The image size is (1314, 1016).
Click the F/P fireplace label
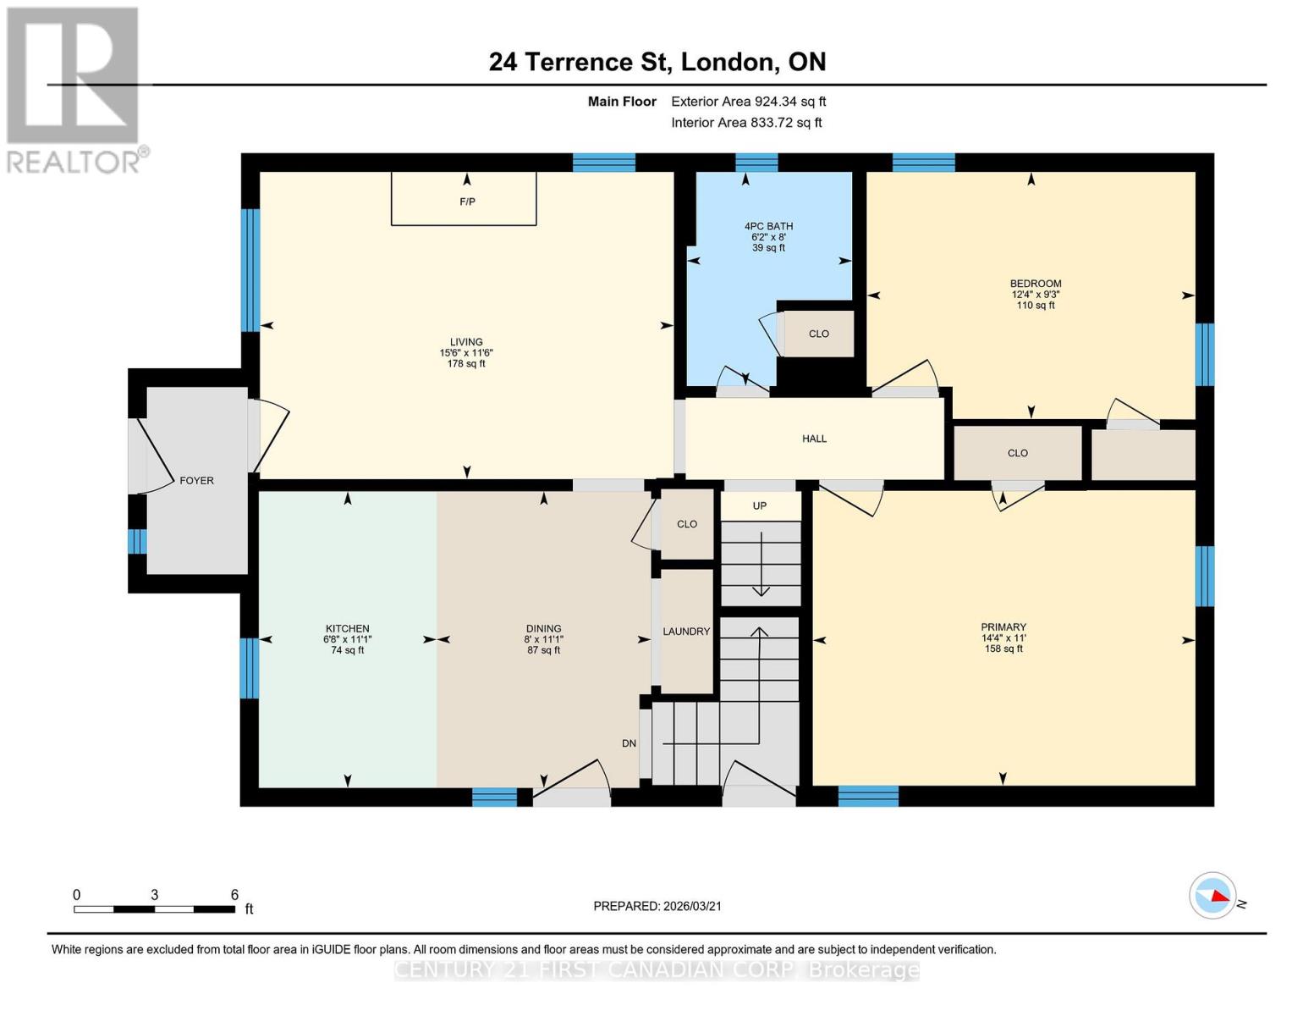click(467, 202)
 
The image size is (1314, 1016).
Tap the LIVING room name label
click(466, 342)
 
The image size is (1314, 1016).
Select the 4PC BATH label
click(768, 226)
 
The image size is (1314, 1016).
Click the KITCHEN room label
click(347, 629)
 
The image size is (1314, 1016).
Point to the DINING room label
click(543, 629)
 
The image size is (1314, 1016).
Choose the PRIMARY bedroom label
click(1003, 627)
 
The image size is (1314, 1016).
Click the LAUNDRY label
click(686, 632)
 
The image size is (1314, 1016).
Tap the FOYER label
click(196, 480)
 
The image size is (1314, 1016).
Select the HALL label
click(814, 439)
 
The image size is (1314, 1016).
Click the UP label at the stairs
click(760, 505)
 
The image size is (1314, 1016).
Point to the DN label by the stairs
click(629, 743)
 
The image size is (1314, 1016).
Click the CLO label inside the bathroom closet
click(818, 334)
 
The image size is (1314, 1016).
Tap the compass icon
click(1212, 895)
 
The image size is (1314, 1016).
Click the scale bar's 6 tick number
click(234, 894)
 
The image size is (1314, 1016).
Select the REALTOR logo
click(74, 89)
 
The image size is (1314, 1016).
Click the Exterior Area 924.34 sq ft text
click(748, 102)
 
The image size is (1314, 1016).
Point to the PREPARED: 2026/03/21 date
click(657, 906)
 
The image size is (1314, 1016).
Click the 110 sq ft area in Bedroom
click(1036, 306)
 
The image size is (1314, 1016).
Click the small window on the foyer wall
click(136, 541)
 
